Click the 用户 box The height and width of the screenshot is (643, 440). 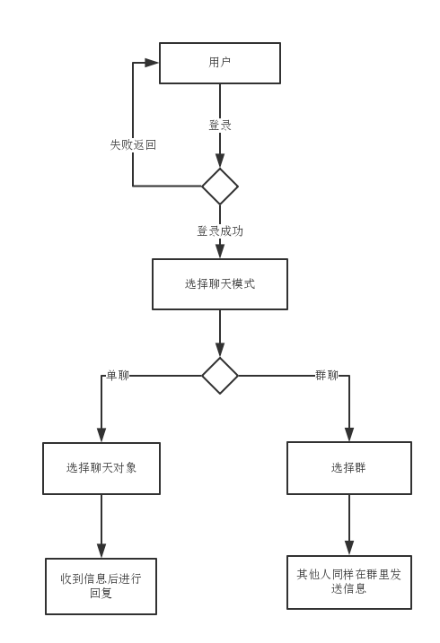point(220,63)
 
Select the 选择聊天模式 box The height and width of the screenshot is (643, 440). point(220,283)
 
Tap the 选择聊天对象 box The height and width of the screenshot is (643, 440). point(101,468)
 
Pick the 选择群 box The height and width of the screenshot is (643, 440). point(349,468)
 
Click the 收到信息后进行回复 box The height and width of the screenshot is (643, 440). point(101,587)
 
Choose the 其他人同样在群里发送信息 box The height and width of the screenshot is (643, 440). point(349,582)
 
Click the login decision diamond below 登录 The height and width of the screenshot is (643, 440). point(220,187)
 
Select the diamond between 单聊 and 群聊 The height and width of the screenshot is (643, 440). point(220,376)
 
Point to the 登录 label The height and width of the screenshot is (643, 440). point(220,125)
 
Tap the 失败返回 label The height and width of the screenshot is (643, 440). point(133,144)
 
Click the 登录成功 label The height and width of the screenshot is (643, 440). point(220,231)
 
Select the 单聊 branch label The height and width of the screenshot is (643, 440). point(118,375)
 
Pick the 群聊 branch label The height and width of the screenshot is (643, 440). point(327,375)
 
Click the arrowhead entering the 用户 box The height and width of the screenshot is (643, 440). point(153,63)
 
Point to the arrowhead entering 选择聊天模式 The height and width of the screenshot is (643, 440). point(220,251)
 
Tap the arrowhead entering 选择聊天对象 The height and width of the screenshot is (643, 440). point(101,435)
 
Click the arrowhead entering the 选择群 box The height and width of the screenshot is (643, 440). point(349,434)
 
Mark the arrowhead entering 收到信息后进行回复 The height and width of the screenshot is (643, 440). point(101,551)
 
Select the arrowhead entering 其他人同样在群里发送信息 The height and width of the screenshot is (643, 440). point(349,548)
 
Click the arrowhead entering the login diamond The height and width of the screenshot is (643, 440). point(220,161)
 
